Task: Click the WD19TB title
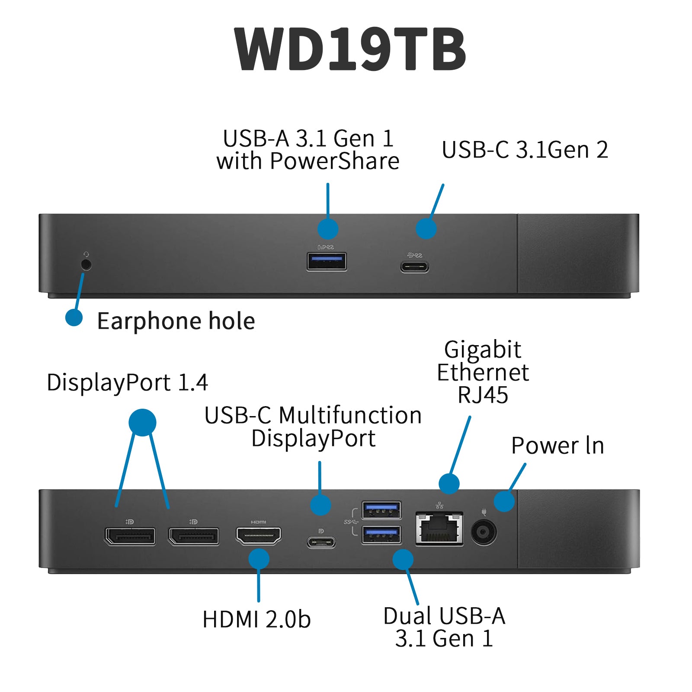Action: tap(349, 48)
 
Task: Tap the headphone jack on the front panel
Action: tap(86, 264)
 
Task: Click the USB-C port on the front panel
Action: tap(414, 266)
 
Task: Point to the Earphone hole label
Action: tap(176, 321)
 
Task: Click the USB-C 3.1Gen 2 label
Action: tap(525, 150)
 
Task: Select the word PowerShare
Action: tap(334, 161)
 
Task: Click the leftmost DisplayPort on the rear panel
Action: tap(130, 536)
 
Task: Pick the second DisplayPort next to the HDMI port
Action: tap(194, 536)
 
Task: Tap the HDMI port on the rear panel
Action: tap(258, 535)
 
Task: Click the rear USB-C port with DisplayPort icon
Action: tap(321, 541)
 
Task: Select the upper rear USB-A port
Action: tap(381, 510)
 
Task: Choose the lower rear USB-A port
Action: tap(381, 535)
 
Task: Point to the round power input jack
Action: tap(484, 532)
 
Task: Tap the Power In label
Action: tap(557, 446)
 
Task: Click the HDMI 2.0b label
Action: tap(256, 619)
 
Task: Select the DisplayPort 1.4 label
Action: tap(127, 383)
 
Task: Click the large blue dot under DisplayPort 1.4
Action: tap(142, 422)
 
